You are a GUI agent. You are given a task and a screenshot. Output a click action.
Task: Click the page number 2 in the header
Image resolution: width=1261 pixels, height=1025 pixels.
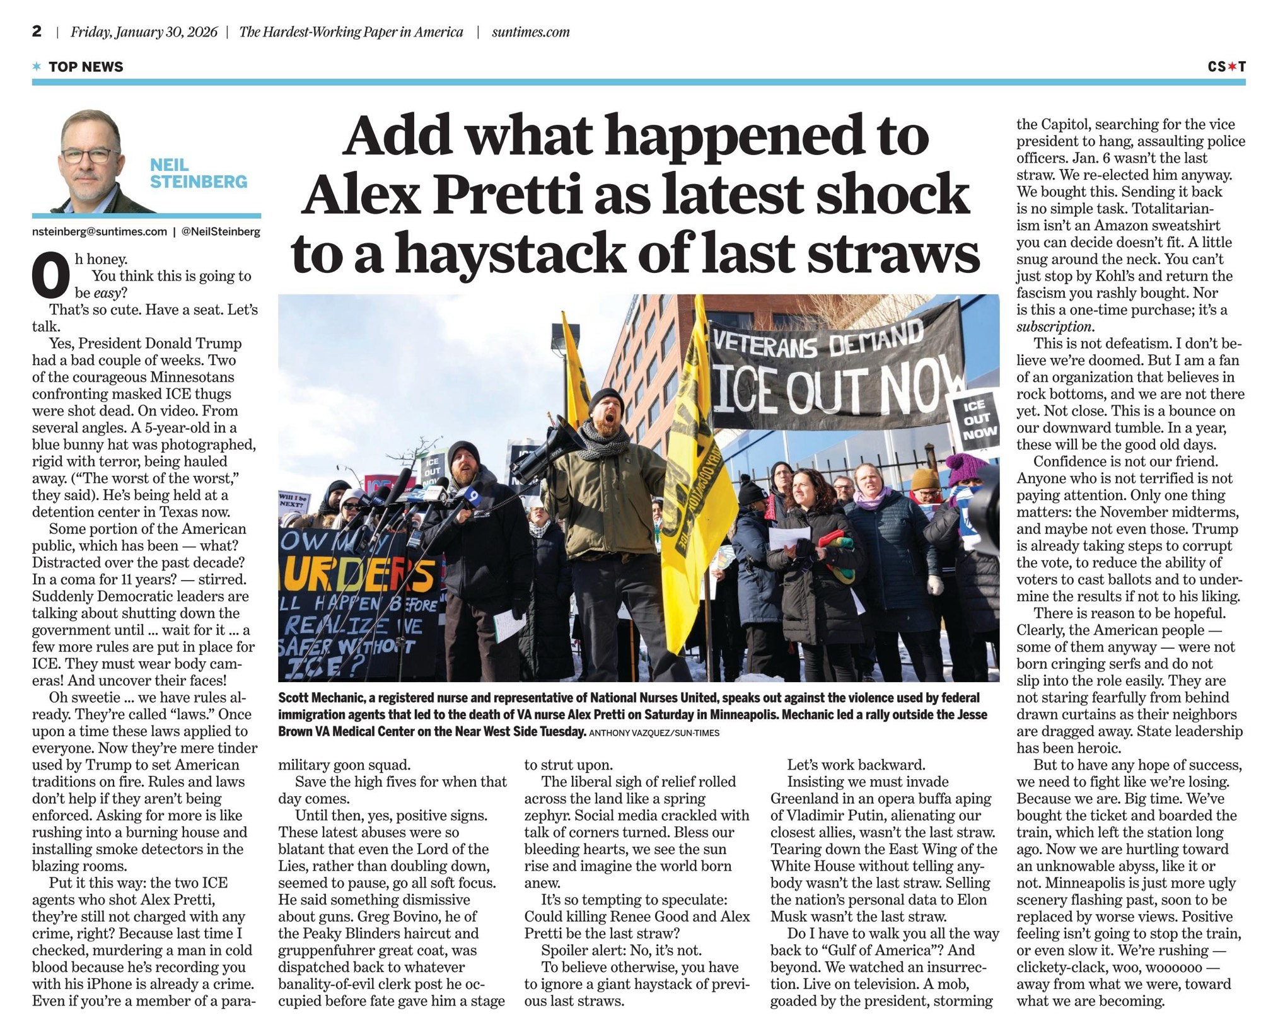pos(37,32)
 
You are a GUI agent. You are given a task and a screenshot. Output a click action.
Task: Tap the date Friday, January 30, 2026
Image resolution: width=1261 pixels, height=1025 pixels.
pos(144,32)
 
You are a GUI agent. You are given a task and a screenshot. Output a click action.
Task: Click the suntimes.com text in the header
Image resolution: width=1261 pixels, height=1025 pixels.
pos(530,32)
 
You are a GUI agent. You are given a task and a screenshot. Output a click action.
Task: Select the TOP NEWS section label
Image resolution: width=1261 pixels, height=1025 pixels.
pos(86,67)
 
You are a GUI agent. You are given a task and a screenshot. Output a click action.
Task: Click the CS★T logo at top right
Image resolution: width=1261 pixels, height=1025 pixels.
pos(1226,66)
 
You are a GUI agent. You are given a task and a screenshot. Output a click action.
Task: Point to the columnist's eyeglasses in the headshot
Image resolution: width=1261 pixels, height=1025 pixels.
pos(89,155)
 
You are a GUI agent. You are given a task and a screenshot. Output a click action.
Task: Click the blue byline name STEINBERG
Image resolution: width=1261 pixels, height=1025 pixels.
pos(199,182)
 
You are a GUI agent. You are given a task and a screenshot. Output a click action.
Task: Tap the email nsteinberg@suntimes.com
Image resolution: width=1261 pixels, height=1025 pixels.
pos(100,232)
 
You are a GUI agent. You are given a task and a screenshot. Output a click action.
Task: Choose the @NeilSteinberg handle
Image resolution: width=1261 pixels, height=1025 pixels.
pos(221,232)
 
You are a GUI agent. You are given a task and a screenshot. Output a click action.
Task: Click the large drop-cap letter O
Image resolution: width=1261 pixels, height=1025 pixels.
pos(47,277)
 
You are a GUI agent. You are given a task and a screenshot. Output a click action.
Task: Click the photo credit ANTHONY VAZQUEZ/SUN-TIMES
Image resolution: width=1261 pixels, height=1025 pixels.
pos(654,733)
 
